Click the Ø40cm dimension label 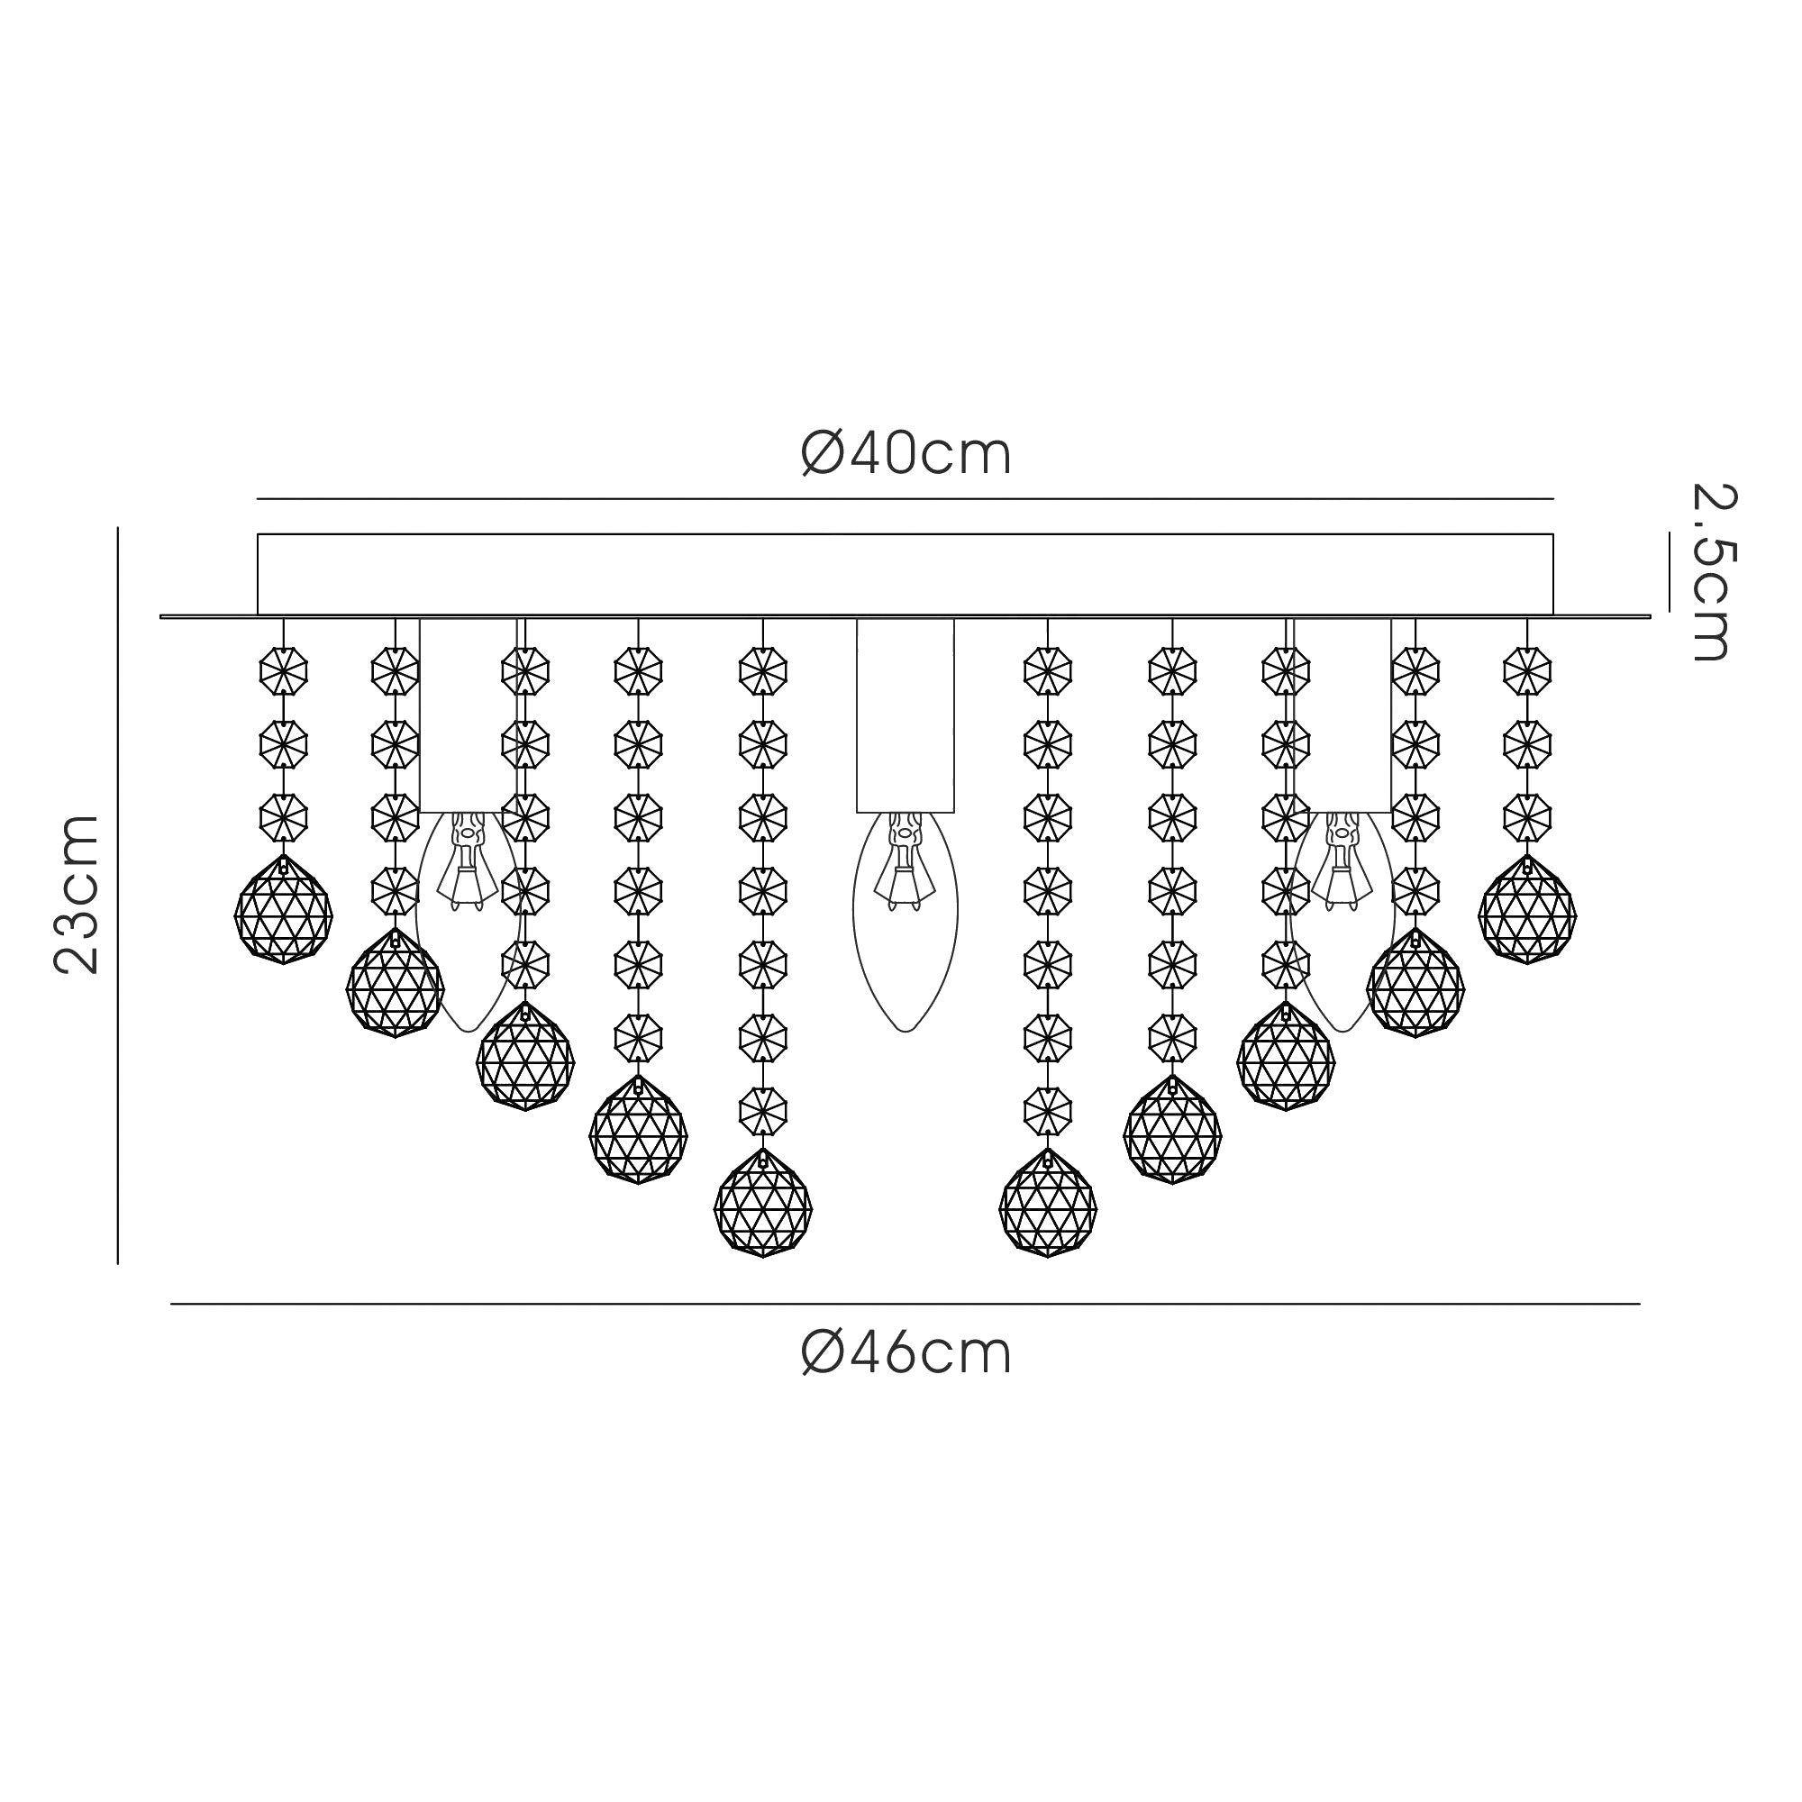[x=906, y=455]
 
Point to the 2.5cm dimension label [x=1715, y=573]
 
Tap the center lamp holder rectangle [x=905, y=715]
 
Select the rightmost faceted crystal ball [x=1527, y=910]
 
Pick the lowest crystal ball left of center [x=763, y=1203]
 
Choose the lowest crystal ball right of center [x=1048, y=1203]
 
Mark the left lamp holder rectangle [x=467, y=715]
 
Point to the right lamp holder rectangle [x=1343, y=715]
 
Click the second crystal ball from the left [x=395, y=983]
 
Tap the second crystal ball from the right [x=1415, y=983]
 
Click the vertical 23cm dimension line [x=117, y=896]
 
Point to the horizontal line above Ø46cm [x=905, y=1303]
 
